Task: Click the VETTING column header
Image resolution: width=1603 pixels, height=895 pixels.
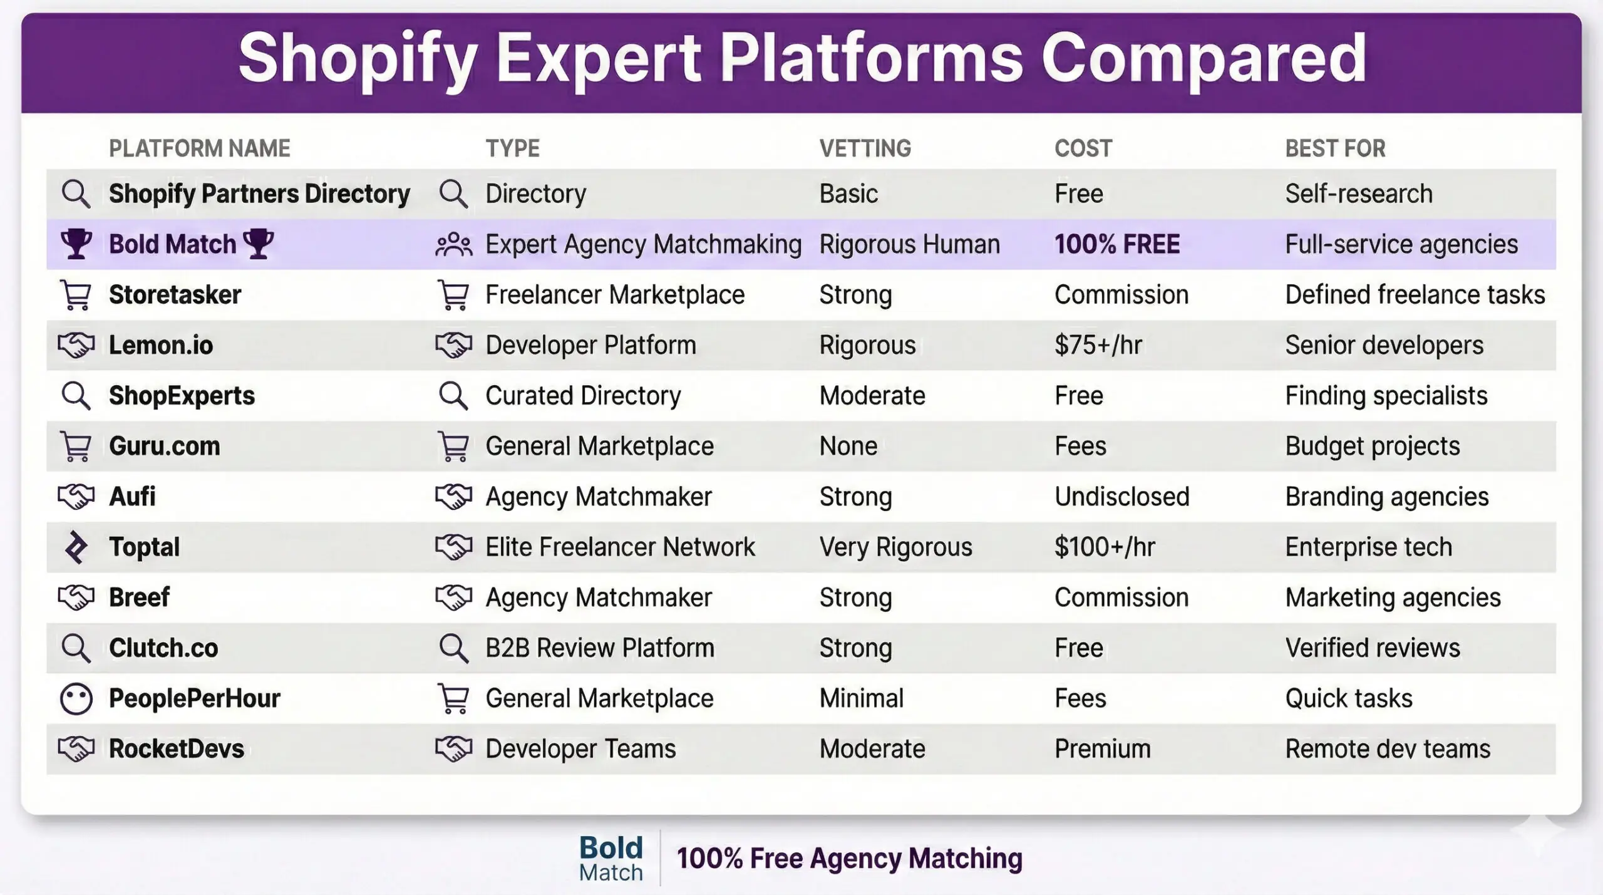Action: tap(865, 148)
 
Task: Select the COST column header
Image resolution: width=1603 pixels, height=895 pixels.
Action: tap(1083, 148)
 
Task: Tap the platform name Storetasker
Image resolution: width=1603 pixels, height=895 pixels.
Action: tap(175, 295)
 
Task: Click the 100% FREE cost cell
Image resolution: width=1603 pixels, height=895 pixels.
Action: tap(1116, 244)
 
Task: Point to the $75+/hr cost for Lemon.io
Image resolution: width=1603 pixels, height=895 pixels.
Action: tap(1098, 345)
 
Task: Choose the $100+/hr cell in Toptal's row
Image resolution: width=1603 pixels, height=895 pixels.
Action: tap(1104, 547)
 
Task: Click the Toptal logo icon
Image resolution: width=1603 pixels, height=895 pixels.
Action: tap(76, 547)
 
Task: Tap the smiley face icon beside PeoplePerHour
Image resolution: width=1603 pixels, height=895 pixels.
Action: tap(76, 699)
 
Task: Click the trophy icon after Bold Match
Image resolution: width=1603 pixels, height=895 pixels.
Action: tap(258, 244)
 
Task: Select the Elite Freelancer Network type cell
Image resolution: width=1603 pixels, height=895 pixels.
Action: tap(620, 547)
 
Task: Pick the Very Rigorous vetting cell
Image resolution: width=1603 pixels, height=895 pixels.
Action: tap(895, 547)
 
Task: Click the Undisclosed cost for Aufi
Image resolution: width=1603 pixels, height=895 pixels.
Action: tap(1121, 497)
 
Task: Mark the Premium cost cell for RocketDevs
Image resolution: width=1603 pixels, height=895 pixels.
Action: tap(1102, 749)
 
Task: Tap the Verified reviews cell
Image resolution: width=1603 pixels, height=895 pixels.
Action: tap(1372, 648)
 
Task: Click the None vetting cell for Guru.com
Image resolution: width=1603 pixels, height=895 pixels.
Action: tap(848, 447)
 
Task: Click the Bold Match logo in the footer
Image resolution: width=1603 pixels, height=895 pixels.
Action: tap(611, 859)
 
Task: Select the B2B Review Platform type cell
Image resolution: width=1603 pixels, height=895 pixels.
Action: tap(599, 648)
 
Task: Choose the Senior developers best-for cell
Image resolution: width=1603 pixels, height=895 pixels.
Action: tap(1384, 345)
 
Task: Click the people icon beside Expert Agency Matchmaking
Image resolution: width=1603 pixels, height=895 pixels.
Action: tap(453, 244)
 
